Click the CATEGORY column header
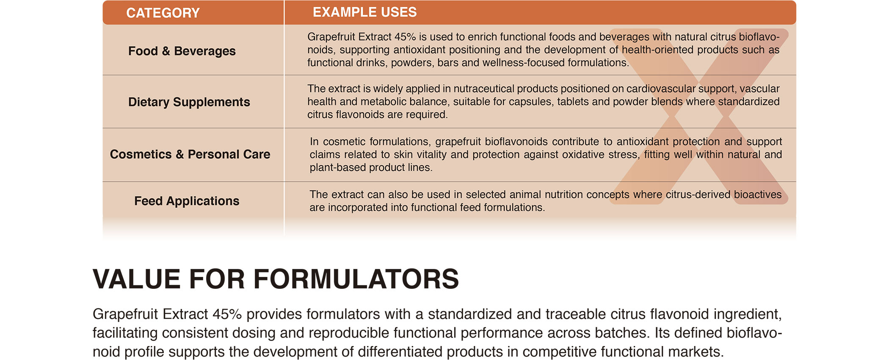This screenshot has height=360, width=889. pos(163,13)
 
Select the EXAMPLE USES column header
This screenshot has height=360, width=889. pos(364,12)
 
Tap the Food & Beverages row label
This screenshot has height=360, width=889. pos(182,51)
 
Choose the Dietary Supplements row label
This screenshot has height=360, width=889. pos(189,102)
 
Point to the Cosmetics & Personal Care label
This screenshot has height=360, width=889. pos(190,154)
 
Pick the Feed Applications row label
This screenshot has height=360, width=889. pos(187,201)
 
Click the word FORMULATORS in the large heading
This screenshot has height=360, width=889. pos(356,279)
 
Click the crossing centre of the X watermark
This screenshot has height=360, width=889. pos(698,116)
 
